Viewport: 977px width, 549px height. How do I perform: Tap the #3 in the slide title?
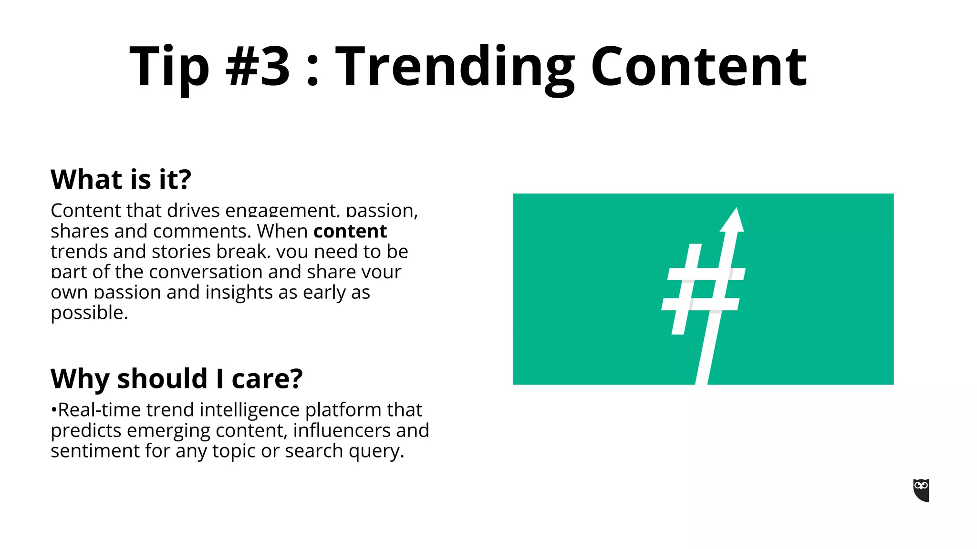(x=258, y=67)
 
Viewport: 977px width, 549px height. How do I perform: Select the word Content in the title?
(x=698, y=67)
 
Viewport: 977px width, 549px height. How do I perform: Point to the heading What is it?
(x=121, y=180)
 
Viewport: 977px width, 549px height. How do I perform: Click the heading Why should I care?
(x=177, y=379)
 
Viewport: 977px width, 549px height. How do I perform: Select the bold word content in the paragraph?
(x=350, y=231)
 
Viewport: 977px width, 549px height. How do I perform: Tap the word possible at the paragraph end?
(x=88, y=313)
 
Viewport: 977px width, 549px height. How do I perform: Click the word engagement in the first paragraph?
(x=281, y=211)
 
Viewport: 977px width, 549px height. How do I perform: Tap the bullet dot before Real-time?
(x=53, y=410)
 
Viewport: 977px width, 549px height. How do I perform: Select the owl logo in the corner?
(x=921, y=490)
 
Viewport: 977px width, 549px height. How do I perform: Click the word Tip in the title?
(x=169, y=67)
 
